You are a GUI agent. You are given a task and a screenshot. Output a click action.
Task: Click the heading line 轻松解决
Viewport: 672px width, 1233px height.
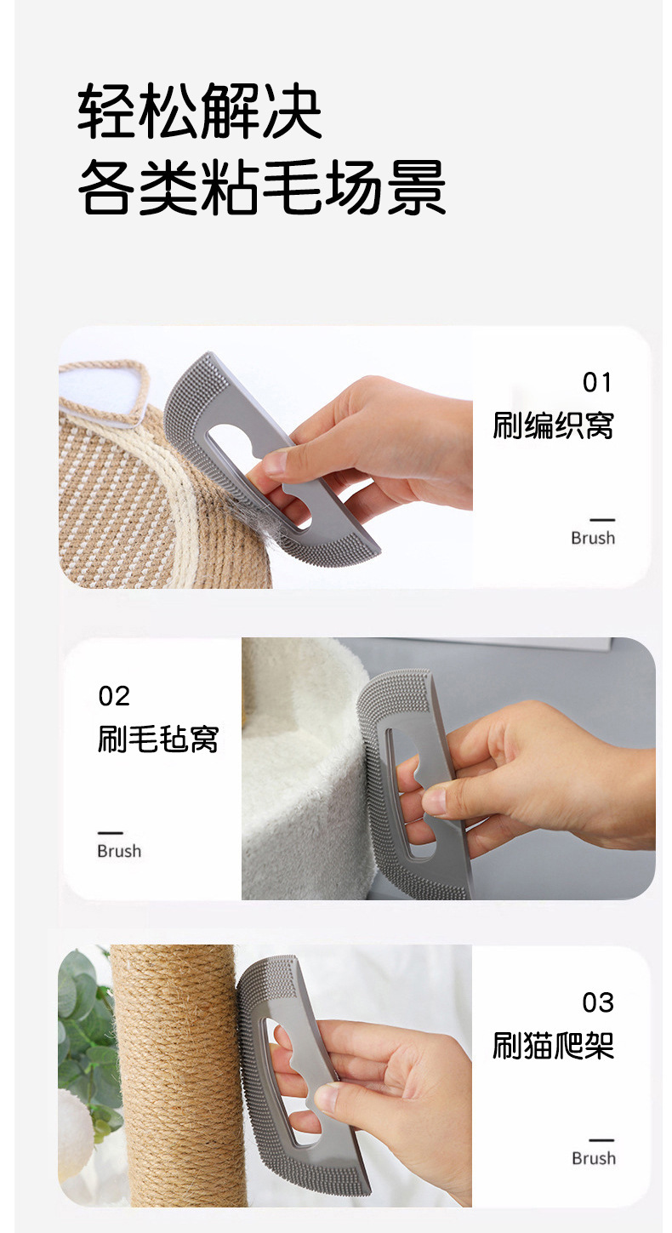pos(200,111)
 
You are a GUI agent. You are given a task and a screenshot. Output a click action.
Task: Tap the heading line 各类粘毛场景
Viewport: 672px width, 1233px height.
pos(262,186)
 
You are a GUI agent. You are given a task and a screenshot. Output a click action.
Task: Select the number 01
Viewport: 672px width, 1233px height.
pos(597,383)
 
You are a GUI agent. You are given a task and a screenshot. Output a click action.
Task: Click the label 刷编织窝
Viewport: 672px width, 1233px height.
pos(553,425)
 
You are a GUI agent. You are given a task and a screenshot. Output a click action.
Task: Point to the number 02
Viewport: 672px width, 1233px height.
pos(114,696)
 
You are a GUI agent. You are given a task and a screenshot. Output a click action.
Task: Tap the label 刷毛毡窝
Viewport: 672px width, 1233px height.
pos(158,739)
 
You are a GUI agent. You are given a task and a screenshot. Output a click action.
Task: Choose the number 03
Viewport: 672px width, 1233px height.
pos(598,1003)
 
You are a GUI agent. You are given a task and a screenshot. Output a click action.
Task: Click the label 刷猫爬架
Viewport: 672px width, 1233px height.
pos(553,1045)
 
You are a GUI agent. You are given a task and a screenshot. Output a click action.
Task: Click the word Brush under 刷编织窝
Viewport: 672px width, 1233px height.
pos(593,538)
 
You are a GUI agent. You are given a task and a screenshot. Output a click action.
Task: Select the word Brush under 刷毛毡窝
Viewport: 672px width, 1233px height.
pos(119,851)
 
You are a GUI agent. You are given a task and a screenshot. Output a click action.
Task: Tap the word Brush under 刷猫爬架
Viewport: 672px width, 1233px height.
pos(593,1158)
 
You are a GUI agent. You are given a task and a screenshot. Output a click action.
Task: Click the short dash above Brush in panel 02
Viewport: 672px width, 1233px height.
pos(110,833)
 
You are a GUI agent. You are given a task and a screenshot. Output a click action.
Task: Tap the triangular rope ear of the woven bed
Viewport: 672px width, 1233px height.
pos(102,391)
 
